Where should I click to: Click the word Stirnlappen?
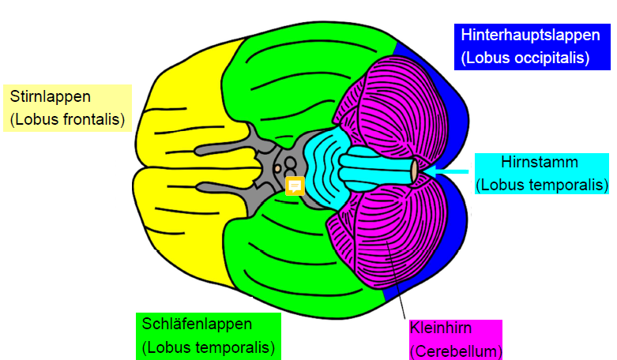click(x=51, y=97)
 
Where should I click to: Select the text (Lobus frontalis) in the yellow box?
click(x=68, y=120)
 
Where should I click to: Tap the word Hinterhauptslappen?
click(x=525, y=36)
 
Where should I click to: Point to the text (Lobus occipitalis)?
click(x=525, y=58)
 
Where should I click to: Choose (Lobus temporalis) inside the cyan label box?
click(x=542, y=185)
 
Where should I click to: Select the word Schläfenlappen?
click(x=198, y=324)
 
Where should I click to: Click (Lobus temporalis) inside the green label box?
click(x=209, y=347)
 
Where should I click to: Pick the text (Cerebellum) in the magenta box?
click(x=455, y=351)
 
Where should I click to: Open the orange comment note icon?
click(x=295, y=186)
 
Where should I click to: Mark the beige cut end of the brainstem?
click(x=414, y=171)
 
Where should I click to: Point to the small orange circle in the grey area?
click(x=277, y=167)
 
